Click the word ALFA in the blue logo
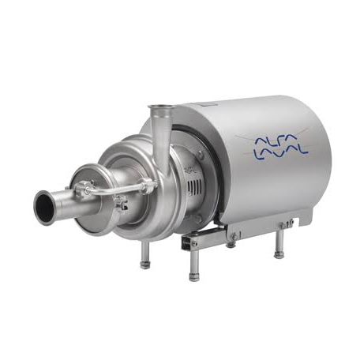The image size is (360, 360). pos(275,140)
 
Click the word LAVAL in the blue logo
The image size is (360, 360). pos(280,153)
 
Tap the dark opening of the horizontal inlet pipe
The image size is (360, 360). pos(44,207)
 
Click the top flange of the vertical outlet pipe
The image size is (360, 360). pos(160,107)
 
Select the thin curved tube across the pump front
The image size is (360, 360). pos(116,189)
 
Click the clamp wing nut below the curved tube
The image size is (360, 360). pos(122,204)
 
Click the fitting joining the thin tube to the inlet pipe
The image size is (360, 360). pos(83,189)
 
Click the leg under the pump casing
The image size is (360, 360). pos(145,254)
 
